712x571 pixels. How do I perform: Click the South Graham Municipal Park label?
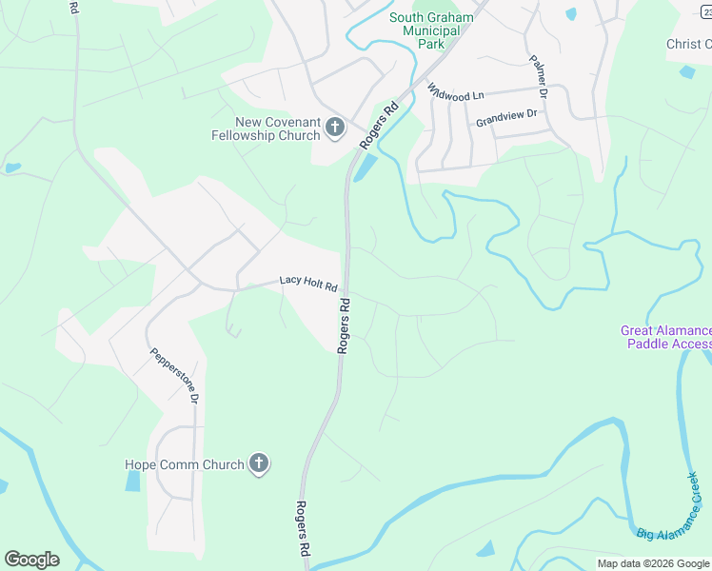[x=431, y=30]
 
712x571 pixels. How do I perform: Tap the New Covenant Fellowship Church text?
[x=265, y=128]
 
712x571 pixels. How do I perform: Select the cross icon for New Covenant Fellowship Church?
[x=334, y=127]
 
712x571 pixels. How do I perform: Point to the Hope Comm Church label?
[x=185, y=465]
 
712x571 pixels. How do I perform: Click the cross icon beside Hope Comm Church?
[x=257, y=464]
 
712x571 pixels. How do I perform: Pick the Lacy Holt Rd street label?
[x=308, y=284]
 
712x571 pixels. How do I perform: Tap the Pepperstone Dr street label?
[x=173, y=376]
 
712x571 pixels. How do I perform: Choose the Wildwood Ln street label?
[x=456, y=91]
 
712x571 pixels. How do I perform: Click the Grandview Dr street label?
[x=506, y=118]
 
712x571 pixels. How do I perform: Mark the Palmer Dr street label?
[x=539, y=76]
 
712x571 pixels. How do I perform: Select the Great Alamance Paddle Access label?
[x=665, y=337]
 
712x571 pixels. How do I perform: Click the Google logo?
[x=31, y=560]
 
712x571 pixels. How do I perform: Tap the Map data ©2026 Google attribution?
[x=652, y=563]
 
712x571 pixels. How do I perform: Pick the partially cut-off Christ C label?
[x=688, y=44]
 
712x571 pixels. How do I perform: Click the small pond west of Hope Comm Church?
[x=131, y=481]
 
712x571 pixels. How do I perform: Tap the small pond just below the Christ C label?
[x=686, y=71]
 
